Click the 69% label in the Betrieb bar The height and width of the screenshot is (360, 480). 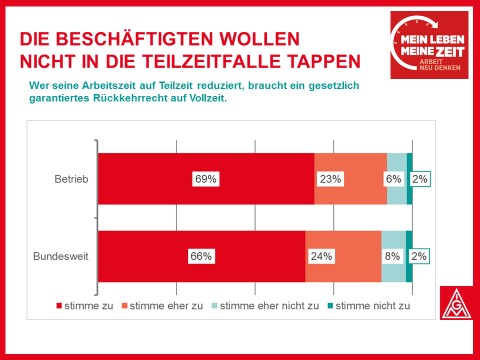[x=206, y=179]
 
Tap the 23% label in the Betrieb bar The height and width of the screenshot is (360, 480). [x=330, y=179]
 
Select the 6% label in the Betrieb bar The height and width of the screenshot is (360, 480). [x=393, y=179]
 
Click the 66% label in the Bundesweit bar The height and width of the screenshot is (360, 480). [x=201, y=256]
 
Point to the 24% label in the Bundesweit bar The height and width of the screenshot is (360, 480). [x=321, y=256]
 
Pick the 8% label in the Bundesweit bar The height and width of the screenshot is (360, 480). [x=392, y=256]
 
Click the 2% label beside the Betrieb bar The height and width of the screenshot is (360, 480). [x=420, y=179]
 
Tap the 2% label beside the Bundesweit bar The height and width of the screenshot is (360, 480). [x=419, y=256]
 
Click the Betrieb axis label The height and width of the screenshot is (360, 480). [x=71, y=179]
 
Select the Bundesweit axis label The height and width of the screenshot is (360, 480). [x=61, y=256]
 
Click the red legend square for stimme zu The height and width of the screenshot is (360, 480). [x=59, y=306]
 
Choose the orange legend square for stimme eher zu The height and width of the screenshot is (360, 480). [x=125, y=306]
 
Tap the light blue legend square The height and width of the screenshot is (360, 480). [x=215, y=306]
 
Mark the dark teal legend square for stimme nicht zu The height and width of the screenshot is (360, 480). [x=330, y=306]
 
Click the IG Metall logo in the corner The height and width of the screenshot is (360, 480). [x=457, y=303]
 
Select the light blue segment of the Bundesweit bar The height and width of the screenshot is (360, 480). [x=394, y=256]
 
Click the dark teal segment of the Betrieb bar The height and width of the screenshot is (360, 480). [x=410, y=179]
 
